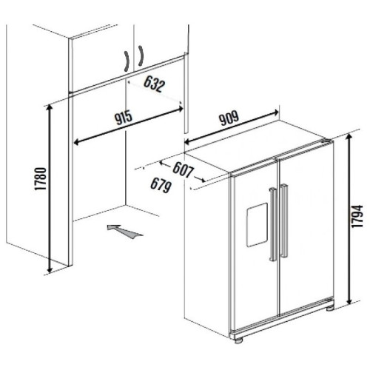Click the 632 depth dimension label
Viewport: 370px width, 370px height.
[154, 84]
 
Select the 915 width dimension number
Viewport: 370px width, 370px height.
[124, 118]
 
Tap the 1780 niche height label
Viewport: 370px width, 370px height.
[41, 179]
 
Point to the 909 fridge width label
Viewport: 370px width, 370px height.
[229, 118]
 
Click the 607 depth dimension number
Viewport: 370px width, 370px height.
[183, 170]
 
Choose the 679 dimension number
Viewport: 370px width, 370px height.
[161, 185]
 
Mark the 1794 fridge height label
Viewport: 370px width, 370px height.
[357, 216]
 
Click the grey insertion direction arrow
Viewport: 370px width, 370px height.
[124, 232]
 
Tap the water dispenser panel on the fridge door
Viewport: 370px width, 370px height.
[257, 225]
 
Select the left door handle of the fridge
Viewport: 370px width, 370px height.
[273, 224]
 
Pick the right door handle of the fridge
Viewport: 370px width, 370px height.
[284, 221]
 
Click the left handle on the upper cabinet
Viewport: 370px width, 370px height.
[127, 61]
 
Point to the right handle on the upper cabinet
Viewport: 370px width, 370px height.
[141, 55]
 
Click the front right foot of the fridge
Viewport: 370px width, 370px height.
[330, 309]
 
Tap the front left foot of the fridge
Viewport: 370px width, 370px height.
[238, 340]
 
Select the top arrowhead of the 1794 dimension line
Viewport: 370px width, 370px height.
[349, 138]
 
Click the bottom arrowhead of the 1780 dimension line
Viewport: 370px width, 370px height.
[50, 269]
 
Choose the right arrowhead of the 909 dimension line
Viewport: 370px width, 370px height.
[275, 112]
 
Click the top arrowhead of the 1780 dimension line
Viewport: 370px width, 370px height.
[50, 108]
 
